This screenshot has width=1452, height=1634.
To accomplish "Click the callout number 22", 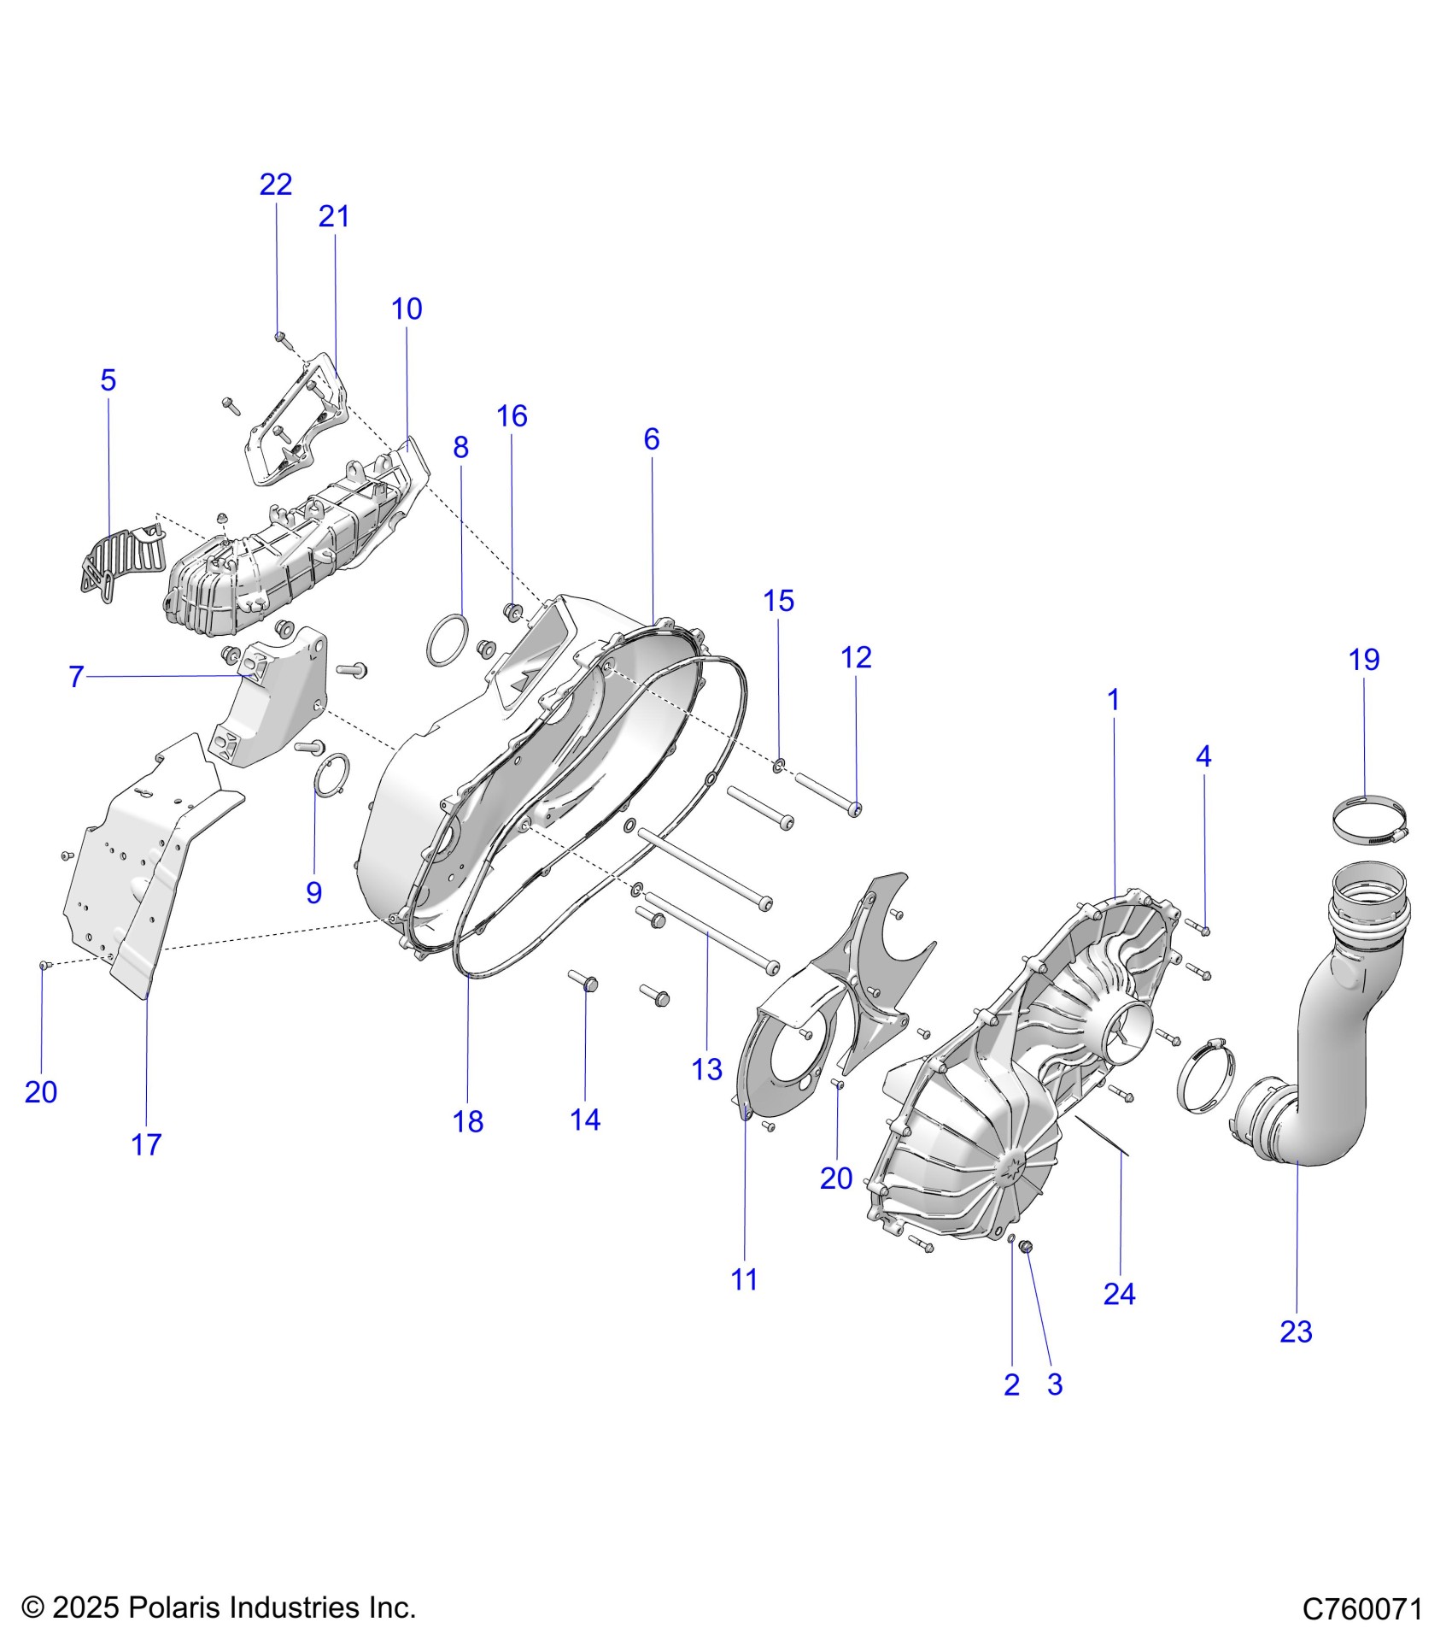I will [276, 185].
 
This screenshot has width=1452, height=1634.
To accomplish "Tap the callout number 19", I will [1364, 660].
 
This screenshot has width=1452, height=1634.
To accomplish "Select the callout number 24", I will [1119, 1294].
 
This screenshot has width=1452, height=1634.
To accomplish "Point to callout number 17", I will [146, 1144].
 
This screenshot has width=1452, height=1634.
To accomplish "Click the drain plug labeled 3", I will [1028, 1249].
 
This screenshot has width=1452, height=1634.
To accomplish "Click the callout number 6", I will [652, 439].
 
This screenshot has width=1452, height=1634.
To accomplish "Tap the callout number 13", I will [707, 1069].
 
